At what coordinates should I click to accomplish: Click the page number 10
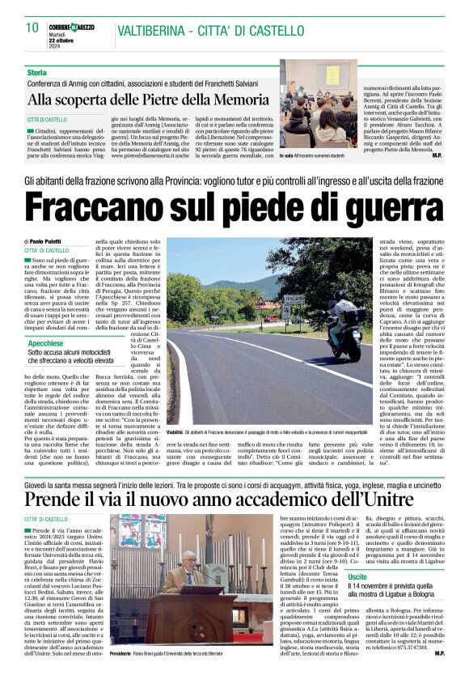(32, 28)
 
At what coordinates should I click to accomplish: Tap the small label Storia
(37, 73)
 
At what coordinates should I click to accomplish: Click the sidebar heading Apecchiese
(49, 344)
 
